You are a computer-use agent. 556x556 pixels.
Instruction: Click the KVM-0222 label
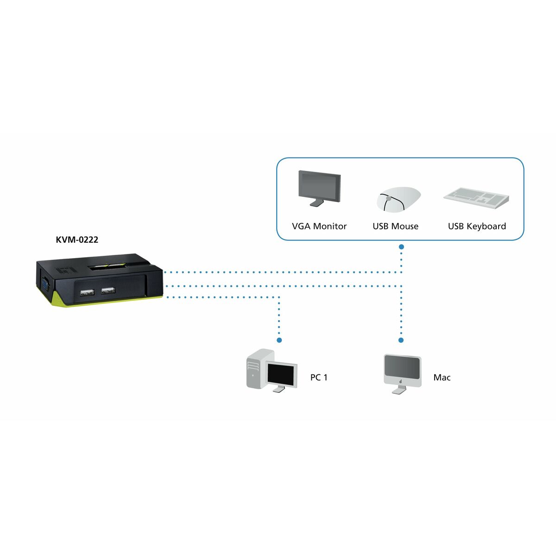point(77,240)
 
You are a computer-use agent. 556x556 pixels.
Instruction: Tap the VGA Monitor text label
point(319,226)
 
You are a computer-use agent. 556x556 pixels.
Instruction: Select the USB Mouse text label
point(395,226)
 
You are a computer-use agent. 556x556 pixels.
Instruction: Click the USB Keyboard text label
point(477,226)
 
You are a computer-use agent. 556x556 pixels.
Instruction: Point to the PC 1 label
point(319,378)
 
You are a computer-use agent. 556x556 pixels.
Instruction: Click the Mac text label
point(442,378)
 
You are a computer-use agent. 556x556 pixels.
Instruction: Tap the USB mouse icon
point(398,199)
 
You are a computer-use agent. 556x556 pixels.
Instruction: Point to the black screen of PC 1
point(281,374)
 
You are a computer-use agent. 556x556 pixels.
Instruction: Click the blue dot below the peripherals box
point(401,247)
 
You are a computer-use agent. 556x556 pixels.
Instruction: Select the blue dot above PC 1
point(279,340)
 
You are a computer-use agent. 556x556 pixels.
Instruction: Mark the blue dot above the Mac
point(401,340)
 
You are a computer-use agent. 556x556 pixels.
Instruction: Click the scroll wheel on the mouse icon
point(388,198)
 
